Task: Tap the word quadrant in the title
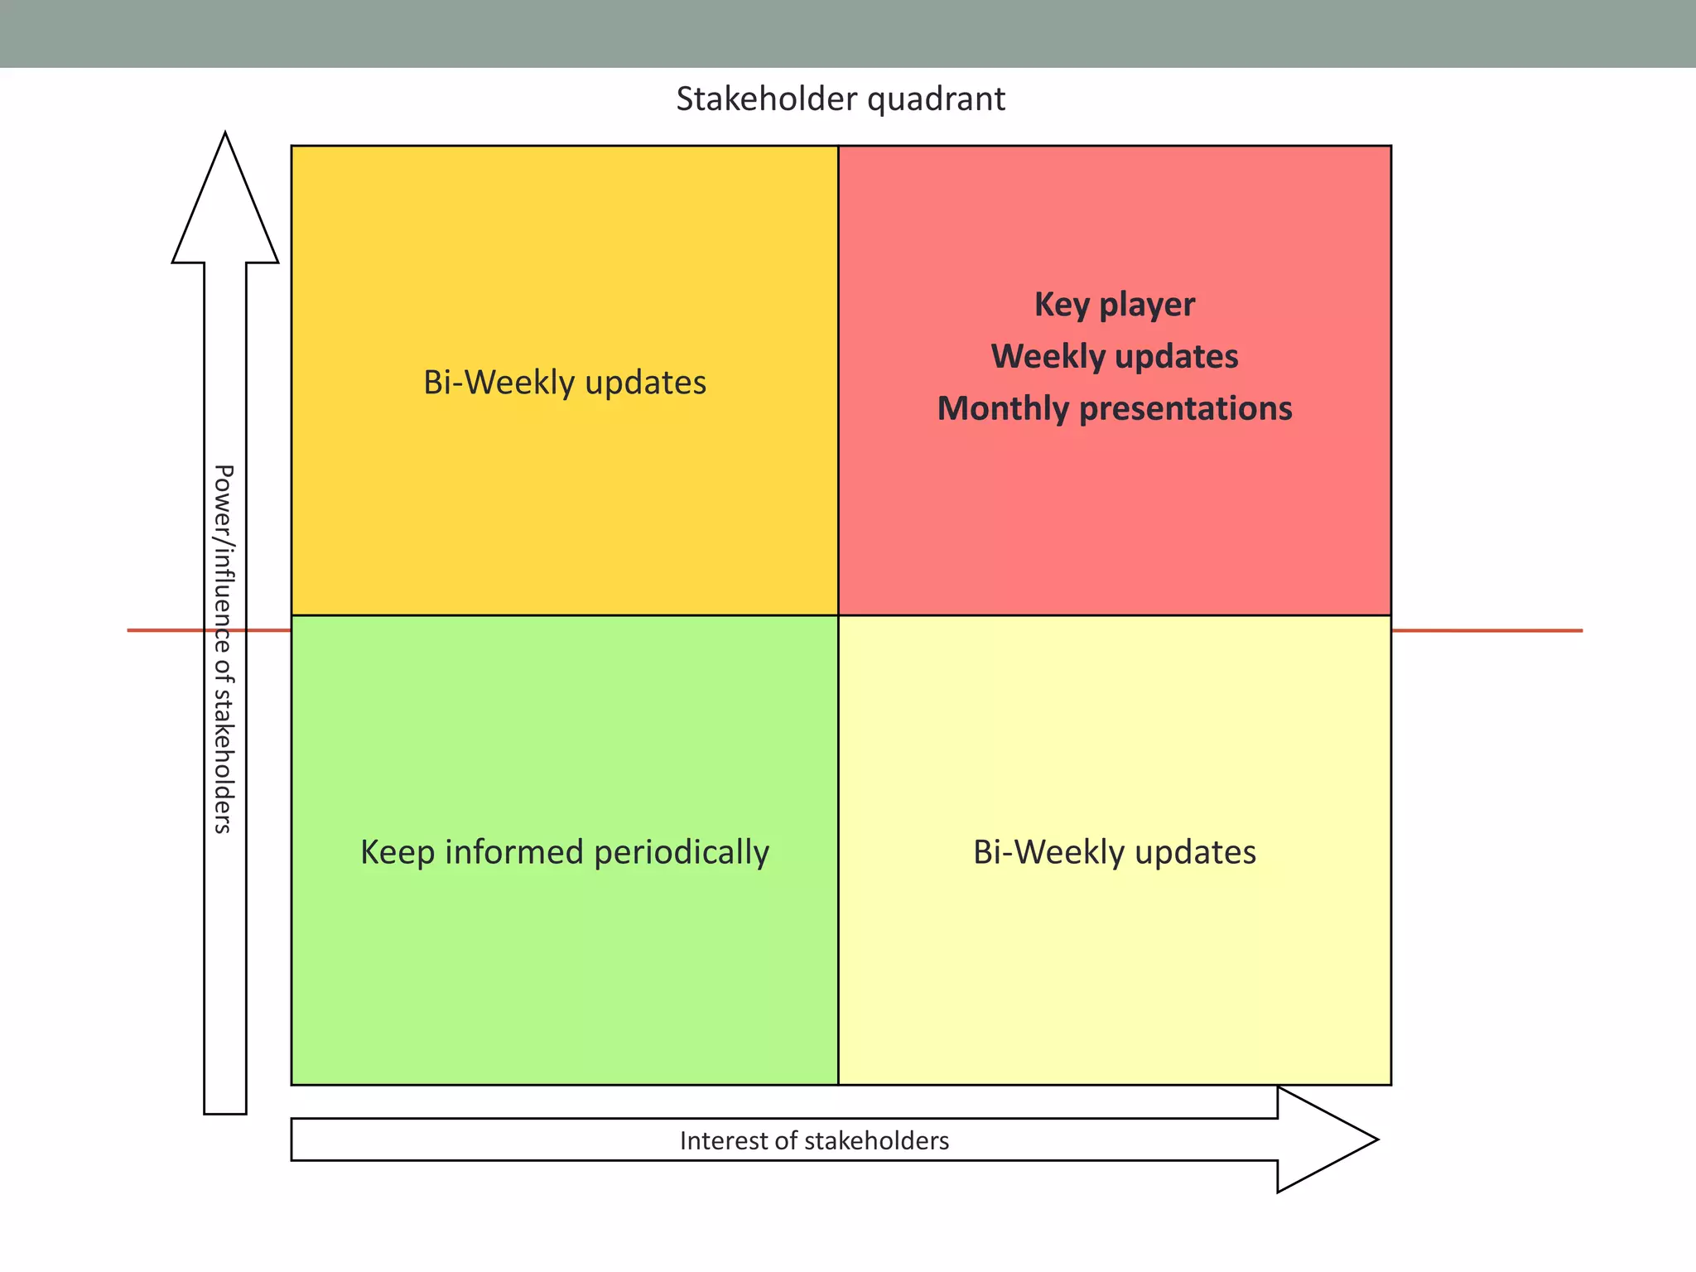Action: [x=936, y=99]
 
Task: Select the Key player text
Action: [x=1114, y=305]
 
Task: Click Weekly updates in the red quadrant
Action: [x=1114, y=357]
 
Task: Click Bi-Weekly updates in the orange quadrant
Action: [x=565, y=383]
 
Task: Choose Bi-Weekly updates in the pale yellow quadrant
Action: [x=1114, y=852]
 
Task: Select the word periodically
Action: [x=682, y=852]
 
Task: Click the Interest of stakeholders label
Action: [x=814, y=1141]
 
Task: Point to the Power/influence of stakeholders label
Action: [x=224, y=648]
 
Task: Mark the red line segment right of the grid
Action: [x=1486, y=631]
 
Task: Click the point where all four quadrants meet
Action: [x=838, y=615]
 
